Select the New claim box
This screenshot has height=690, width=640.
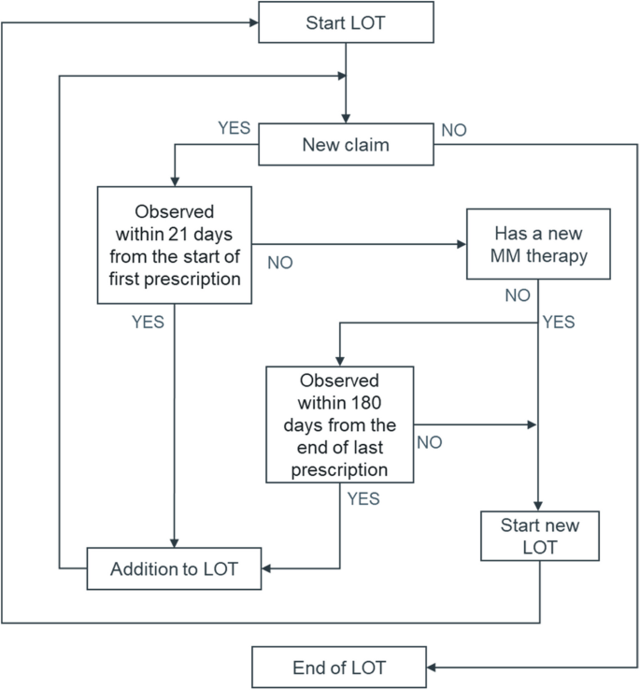[345, 145]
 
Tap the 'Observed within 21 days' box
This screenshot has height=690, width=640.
[175, 244]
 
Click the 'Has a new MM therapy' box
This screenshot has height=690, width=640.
[538, 244]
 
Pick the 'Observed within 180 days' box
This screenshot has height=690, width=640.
[339, 424]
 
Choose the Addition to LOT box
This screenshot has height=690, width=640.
[175, 568]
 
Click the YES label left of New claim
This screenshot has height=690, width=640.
[234, 128]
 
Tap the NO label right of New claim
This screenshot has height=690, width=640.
[453, 130]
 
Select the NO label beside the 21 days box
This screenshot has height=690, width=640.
[279, 263]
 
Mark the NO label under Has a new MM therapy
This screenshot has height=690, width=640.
[517, 295]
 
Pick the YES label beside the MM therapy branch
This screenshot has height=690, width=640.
[559, 323]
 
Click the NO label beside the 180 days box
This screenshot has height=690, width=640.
[429, 442]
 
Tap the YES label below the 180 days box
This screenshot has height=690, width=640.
[363, 498]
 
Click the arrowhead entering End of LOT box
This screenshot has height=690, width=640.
[433, 668]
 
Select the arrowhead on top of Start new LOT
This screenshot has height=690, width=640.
[538, 506]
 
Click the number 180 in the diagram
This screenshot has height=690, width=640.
[360, 403]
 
